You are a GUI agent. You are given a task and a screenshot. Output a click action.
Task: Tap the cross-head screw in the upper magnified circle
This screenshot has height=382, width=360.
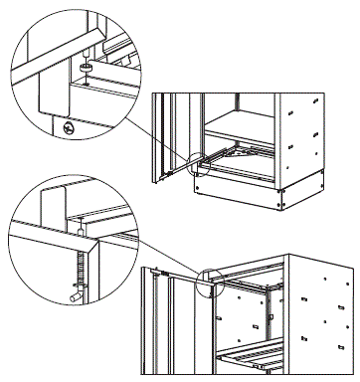(x=67, y=128)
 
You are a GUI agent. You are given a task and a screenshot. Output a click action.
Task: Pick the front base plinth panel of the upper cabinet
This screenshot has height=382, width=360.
(x=239, y=194)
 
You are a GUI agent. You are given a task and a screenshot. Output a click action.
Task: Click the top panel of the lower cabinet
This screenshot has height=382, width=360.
(x=269, y=269)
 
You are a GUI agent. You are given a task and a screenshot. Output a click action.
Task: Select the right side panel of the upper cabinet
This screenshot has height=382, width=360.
(x=304, y=139)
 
